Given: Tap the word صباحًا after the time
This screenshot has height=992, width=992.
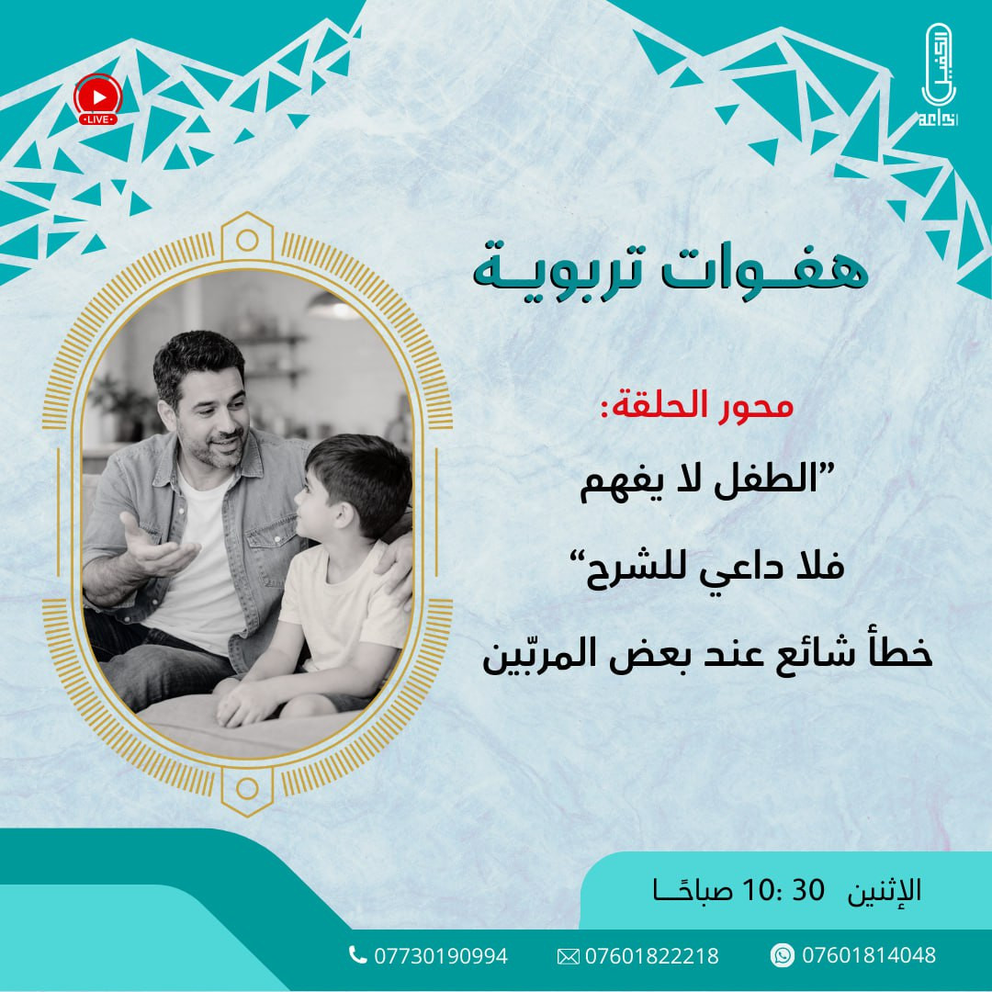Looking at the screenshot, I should (683, 890).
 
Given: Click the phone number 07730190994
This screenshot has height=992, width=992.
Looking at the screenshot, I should (439, 956).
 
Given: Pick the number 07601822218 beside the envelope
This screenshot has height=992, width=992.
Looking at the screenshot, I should (651, 956).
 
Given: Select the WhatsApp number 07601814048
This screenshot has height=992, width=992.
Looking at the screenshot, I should (868, 955).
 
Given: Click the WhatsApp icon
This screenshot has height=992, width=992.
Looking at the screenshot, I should (783, 955).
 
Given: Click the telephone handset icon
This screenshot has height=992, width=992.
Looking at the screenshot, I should (357, 955).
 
